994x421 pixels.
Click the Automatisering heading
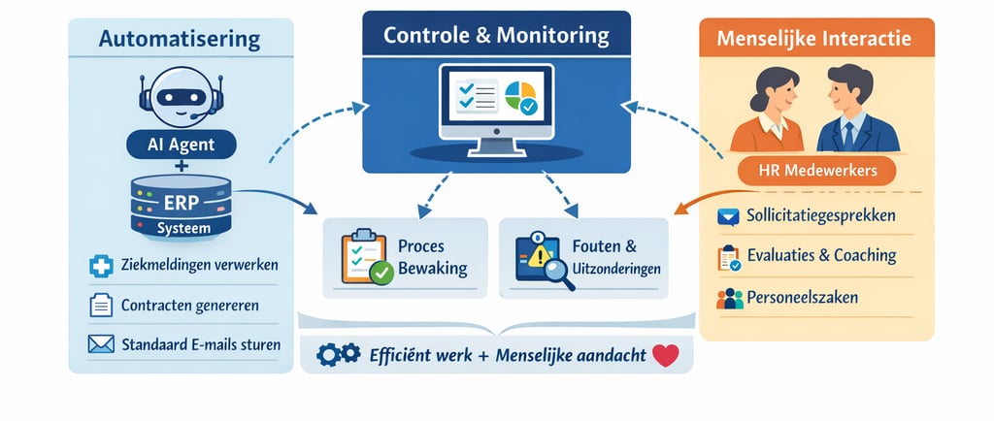click(x=180, y=40)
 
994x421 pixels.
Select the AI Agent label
click(x=181, y=145)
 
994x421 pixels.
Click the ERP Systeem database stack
click(x=182, y=206)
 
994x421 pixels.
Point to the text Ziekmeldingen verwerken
click(x=201, y=265)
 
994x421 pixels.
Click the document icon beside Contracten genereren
click(x=100, y=306)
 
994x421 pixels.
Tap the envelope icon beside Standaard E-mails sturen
click(x=100, y=345)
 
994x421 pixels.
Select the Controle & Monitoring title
click(x=496, y=36)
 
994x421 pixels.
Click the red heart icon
click(x=665, y=356)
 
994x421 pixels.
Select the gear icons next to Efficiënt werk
click(x=339, y=356)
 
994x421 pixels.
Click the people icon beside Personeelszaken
click(x=729, y=298)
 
